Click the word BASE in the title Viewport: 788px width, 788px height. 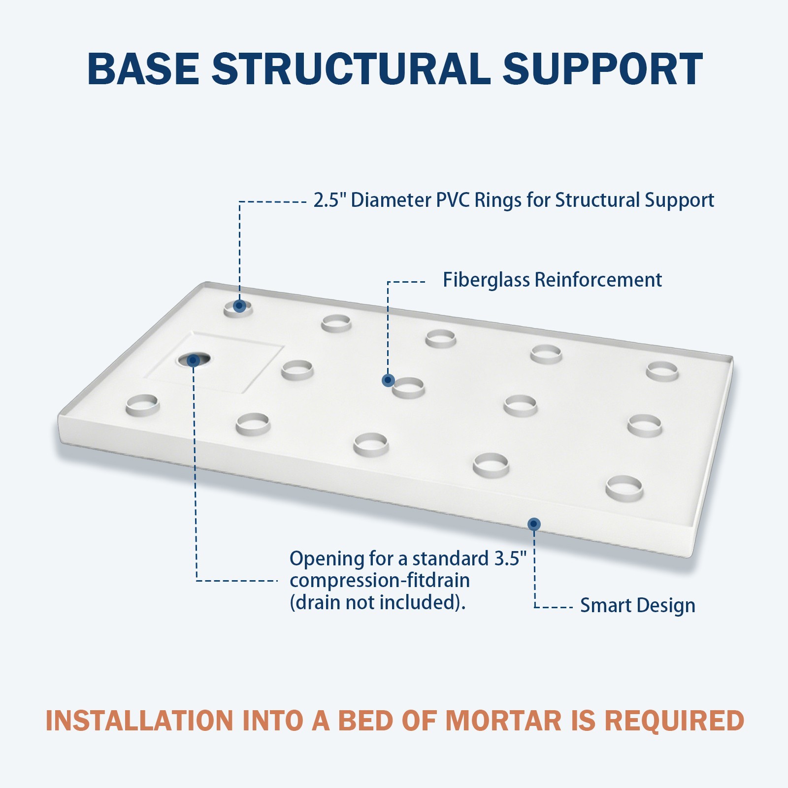coord(143,68)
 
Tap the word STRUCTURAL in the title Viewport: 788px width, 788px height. coord(351,68)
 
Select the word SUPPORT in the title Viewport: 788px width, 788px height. coord(602,68)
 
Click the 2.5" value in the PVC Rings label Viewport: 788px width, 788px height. coord(330,200)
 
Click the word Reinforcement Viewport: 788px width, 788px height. coord(598,280)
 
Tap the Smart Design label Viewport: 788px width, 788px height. coord(638,606)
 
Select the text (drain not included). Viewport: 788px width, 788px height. coord(378,602)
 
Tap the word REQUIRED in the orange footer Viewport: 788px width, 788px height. coord(674,721)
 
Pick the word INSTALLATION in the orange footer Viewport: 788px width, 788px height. coord(139,721)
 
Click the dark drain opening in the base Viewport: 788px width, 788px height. coord(193,360)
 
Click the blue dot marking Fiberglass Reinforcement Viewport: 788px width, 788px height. coord(388,380)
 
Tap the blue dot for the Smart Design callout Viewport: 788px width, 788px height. coord(534,524)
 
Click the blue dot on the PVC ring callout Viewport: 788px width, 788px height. coord(239,306)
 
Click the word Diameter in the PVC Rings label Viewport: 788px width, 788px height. coord(391,200)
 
